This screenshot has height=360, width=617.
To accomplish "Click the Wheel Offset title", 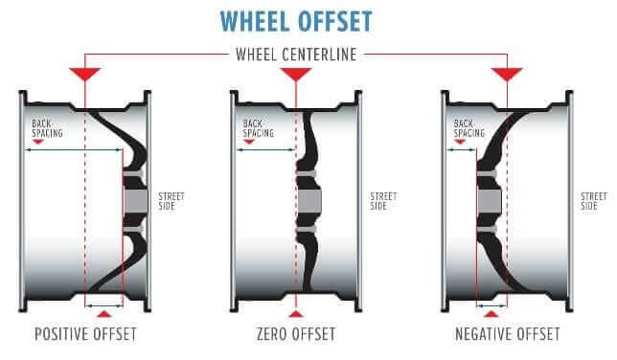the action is (x=296, y=21).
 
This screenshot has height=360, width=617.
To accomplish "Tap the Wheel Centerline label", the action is (x=296, y=55).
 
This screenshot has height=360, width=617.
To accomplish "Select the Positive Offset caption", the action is (x=85, y=334).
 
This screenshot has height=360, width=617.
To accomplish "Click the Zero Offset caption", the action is (x=296, y=334).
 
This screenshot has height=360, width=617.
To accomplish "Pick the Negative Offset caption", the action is (x=507, y=334).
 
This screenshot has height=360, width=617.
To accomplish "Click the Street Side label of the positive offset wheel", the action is (x=171, y=201).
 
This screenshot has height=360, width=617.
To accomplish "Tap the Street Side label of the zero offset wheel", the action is (x=383, y=201).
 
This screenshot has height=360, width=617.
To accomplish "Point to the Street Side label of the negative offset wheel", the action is (x=594, y=201).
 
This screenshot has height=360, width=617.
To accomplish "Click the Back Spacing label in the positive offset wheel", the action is (x=47, y=128).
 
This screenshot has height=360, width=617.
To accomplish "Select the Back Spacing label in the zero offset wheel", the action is (x=258, y=128).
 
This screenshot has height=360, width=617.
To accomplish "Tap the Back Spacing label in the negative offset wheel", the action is (x=469, y=128).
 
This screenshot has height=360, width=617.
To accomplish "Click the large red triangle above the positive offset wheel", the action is (x=85, y=73).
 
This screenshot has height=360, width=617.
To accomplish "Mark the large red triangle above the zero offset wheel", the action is (x=296, y=73).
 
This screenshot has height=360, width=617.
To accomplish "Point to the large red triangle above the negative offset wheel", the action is (x=507, y=73).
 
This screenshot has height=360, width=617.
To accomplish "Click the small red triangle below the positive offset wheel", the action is (x=103, y=314).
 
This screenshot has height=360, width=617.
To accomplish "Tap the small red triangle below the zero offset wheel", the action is (x=296, y=314).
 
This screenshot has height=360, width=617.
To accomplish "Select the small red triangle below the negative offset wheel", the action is (x=491, y=314).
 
